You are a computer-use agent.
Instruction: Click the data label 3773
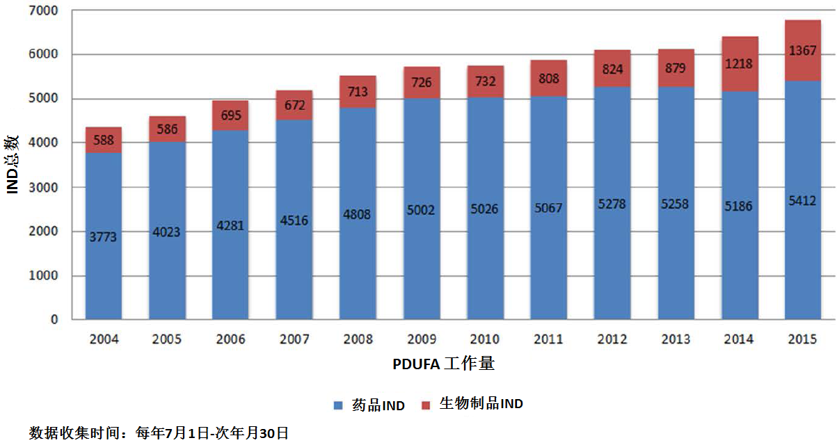click(104, 236)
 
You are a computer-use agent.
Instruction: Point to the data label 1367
click(802, 51)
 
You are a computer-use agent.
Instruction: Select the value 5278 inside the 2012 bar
click(612, 207)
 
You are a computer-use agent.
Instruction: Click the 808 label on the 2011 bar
click(548, 79)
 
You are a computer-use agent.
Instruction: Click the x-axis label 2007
click(294, 339)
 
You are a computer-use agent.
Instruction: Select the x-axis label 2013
click(676, 339)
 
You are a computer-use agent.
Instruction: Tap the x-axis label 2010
click(485, 339)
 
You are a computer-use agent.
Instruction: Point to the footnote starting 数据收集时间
click(159, 433)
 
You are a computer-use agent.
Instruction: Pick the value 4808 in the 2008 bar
click(358, 215)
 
